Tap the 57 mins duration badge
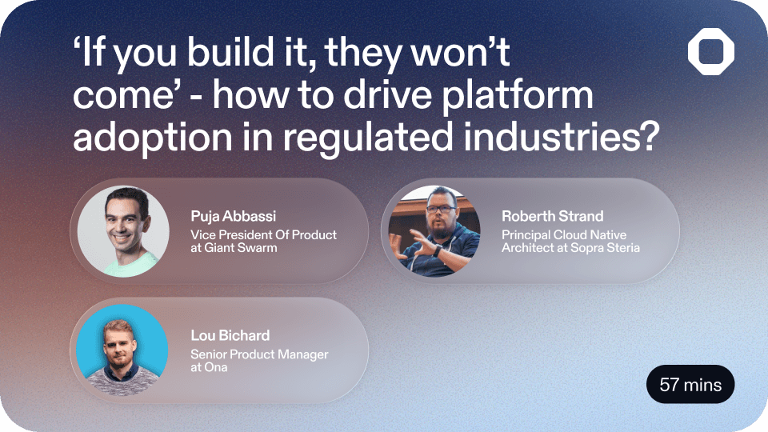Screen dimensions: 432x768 pyautogui.click(x=690, y=385)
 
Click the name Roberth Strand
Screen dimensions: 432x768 pyautogui.click(x=552, y=216)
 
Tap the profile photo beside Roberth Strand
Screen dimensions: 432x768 pyautogui.click(x=434, y=231)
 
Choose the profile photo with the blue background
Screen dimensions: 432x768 pyautogui.click(x=123, y=350)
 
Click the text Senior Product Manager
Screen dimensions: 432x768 pyautogui.click(x=259, y=354)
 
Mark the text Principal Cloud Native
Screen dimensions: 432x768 pyautogui.click(x=564, y=235)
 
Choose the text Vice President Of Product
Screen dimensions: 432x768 pyautogui.click(x=263, y=235)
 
